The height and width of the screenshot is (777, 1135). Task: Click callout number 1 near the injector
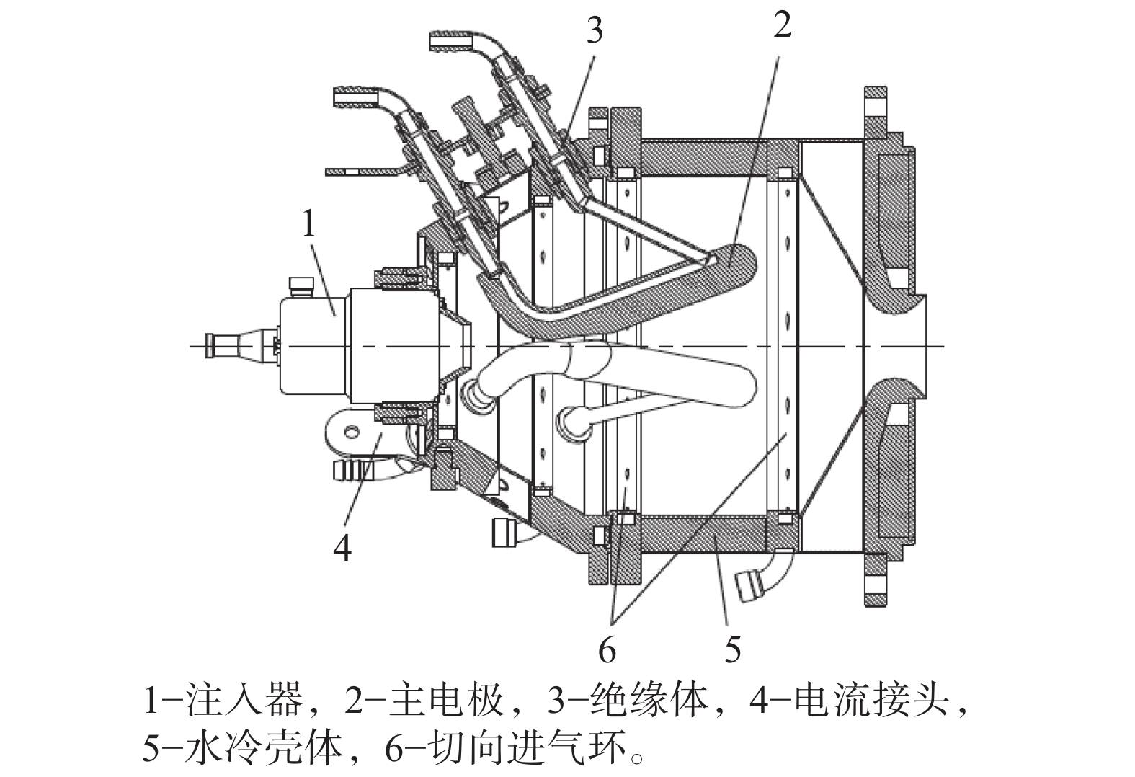[309, 225]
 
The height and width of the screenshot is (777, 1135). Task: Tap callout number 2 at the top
[782, 24]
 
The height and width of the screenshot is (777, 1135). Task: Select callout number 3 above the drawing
[595, 30]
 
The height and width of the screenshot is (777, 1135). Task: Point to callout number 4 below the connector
[342, 547]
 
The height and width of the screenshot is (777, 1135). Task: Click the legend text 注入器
[245, 701]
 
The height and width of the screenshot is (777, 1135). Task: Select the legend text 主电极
[446, 701]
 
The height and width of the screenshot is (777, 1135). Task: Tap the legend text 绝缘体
[649, 701]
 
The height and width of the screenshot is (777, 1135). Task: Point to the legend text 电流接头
[871, 701]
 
